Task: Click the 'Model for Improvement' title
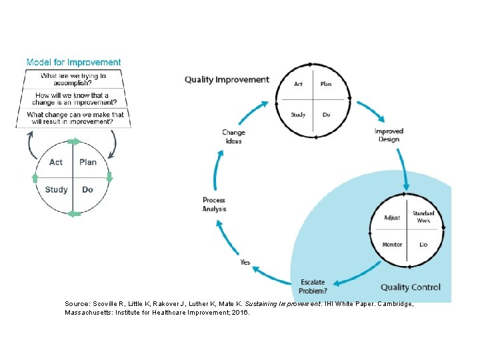coord(73,63)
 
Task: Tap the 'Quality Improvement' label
coord(227,79)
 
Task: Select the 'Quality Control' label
coord(411,287)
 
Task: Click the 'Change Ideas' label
coord(233,137)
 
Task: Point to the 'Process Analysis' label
coord(214,205)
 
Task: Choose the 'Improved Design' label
coord(388,135)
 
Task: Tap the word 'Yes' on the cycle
coord(245,263)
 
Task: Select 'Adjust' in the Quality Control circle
coord(392,218)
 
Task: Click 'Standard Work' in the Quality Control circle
coord(423,217)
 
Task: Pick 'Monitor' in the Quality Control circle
coord(392,245)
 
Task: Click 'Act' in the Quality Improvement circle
coord(299,84)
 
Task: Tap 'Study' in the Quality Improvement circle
coord(298,115)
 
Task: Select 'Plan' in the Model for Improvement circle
coord(88,162)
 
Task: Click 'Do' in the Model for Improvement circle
coord(87,189)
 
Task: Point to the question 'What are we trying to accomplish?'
coord(73,80)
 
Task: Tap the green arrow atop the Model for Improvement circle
coord(74,141)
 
